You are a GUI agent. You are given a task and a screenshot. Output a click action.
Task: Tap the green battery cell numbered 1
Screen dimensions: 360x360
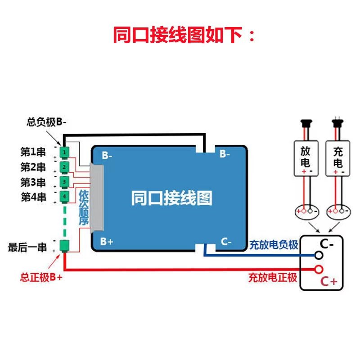pos(65,153)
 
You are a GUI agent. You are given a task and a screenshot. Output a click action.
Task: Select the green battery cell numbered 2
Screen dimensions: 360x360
pos(65,167)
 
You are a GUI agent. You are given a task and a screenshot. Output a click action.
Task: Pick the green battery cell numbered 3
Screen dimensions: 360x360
pos(65,182)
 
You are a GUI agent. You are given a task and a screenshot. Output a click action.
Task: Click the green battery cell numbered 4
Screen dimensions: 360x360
pos(65,197)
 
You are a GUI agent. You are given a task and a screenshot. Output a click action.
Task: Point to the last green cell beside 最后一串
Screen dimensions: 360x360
pos(65,246)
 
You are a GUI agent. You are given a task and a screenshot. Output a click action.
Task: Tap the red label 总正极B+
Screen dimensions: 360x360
pos(41,278)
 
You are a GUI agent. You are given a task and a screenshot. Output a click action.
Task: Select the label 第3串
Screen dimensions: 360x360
pos(33,182)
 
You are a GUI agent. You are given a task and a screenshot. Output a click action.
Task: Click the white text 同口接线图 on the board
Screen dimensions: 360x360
pos(171,198)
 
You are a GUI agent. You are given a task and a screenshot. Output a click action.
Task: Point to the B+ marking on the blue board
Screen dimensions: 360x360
pos(107,241)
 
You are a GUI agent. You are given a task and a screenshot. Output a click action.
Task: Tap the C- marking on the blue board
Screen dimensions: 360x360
pos(226,242)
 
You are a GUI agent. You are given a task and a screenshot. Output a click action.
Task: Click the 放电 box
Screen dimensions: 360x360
pos(304,158)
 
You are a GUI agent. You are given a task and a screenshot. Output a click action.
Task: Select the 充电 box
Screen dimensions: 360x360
pos(337,158)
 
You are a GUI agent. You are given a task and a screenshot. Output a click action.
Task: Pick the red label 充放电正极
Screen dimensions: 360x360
pos(273,277)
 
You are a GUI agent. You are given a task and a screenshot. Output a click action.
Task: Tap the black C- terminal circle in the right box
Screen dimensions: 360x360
pos(319,256)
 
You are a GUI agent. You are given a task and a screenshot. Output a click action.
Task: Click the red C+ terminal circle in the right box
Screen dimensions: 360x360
pos(319,269)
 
